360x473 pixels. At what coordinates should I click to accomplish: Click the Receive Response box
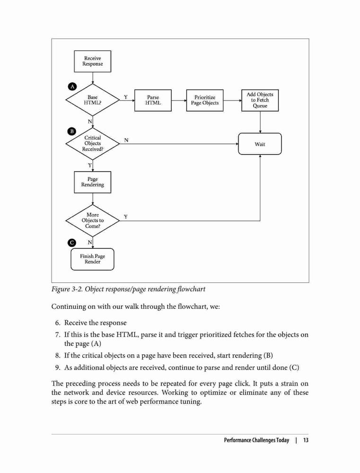92,61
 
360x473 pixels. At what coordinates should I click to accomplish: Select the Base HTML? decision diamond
92,100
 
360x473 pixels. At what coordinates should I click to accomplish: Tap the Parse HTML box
153,100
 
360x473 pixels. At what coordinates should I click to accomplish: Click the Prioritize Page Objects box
204,100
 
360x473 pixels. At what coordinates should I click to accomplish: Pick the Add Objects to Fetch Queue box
260,100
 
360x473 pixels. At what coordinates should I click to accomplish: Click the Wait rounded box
260,144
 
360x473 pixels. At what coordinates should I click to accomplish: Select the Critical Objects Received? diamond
92,144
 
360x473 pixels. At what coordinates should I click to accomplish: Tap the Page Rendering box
92,182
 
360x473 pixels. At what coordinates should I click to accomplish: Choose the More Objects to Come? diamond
92,220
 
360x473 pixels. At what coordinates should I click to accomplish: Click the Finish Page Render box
92,259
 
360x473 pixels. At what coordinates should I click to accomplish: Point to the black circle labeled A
72,87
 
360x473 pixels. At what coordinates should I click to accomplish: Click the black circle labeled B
72,131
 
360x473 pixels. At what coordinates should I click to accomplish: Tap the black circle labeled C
72,243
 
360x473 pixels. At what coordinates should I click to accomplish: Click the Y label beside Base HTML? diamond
125,97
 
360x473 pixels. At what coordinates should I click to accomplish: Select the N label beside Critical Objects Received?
126,140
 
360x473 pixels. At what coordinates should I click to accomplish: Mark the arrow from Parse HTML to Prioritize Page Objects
179,100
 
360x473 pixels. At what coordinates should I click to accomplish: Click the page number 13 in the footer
306,440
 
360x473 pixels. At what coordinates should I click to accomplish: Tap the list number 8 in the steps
58,355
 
